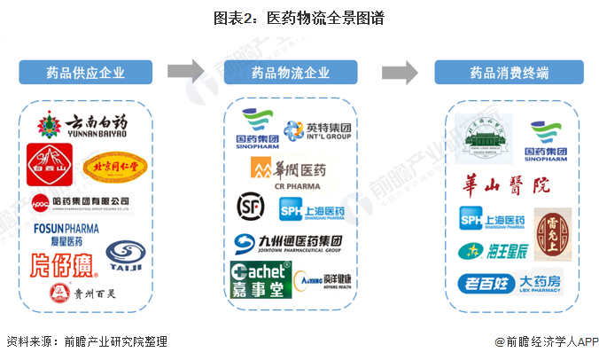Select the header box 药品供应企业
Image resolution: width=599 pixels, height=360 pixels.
pyautogui.click(x=85, y=73)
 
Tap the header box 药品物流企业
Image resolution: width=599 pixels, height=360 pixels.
pyautogui.click(x=291, y=73)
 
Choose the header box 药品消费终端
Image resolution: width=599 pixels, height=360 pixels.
pyautogui.click(x=508, y=73)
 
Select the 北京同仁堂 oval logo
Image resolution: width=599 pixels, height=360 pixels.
pyautogui.click(x=112, y=166)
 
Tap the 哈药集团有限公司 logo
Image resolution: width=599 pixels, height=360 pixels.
pyautogui.click(x=79, y=202)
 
